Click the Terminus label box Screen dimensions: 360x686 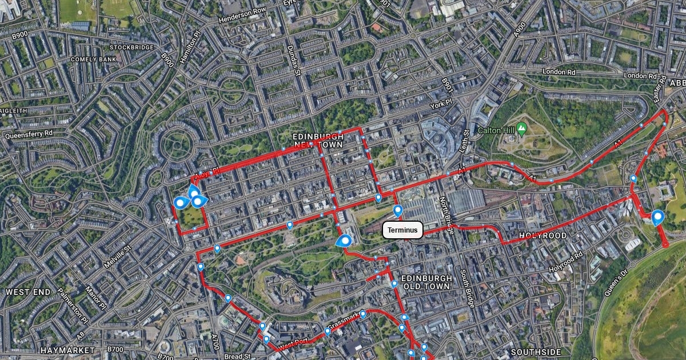tap(402, 230)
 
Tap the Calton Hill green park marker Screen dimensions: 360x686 tap(521, 127)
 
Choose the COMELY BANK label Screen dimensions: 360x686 tap(93, 59)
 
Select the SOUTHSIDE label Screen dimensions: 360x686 tap(537, 351)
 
